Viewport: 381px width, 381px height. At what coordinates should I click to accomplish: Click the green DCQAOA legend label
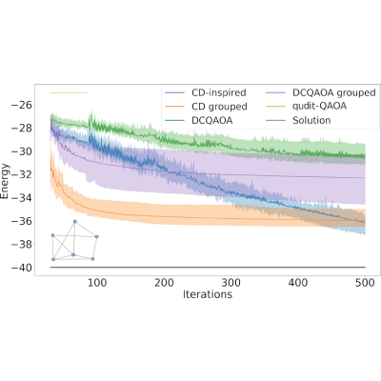212,120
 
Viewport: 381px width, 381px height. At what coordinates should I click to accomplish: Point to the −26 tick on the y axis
22,105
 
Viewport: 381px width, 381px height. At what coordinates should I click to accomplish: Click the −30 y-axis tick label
22,151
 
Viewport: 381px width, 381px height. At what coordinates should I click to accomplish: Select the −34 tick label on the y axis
22,198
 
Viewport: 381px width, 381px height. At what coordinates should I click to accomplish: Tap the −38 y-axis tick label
22,244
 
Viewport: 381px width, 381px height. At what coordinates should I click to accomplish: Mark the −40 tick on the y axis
22,268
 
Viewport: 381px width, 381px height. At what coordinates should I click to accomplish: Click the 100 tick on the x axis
97,282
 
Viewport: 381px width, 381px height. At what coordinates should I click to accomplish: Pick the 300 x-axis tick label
231,282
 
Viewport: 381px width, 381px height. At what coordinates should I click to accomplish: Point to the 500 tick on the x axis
365,282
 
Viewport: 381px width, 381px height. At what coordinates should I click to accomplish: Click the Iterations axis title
208,294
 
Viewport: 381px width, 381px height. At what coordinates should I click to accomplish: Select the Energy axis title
5,181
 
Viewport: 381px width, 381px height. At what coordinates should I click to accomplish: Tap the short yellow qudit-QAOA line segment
69,92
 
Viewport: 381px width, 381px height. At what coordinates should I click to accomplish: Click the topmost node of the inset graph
75,221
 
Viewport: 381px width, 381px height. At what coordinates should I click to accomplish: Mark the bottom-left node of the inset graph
53,259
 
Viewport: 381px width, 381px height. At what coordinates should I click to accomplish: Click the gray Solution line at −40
208,268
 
